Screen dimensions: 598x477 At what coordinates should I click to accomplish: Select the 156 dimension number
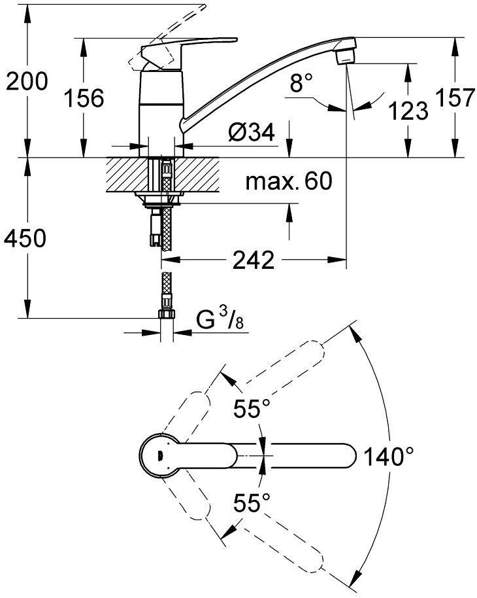pyautogui.click(x=84, y=99)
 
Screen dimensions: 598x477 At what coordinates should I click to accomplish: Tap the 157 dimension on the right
pyautogui.click(x=453, y=98)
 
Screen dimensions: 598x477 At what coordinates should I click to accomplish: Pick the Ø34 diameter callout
pyautogui.click(x=250, y=133)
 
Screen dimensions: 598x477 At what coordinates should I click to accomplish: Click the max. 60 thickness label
pyautogui.click(x=289, y=181)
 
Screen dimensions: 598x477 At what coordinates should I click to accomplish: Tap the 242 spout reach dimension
pyautogui.click(x=254, y=261)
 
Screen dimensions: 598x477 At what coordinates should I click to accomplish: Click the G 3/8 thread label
pyautogui.click(x=216, y=321)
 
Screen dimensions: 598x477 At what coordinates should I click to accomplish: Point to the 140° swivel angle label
pyautogui.click(x=391, y=456)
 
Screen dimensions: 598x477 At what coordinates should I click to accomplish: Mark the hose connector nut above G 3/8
pyautogui.click(x=167, y=315)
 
